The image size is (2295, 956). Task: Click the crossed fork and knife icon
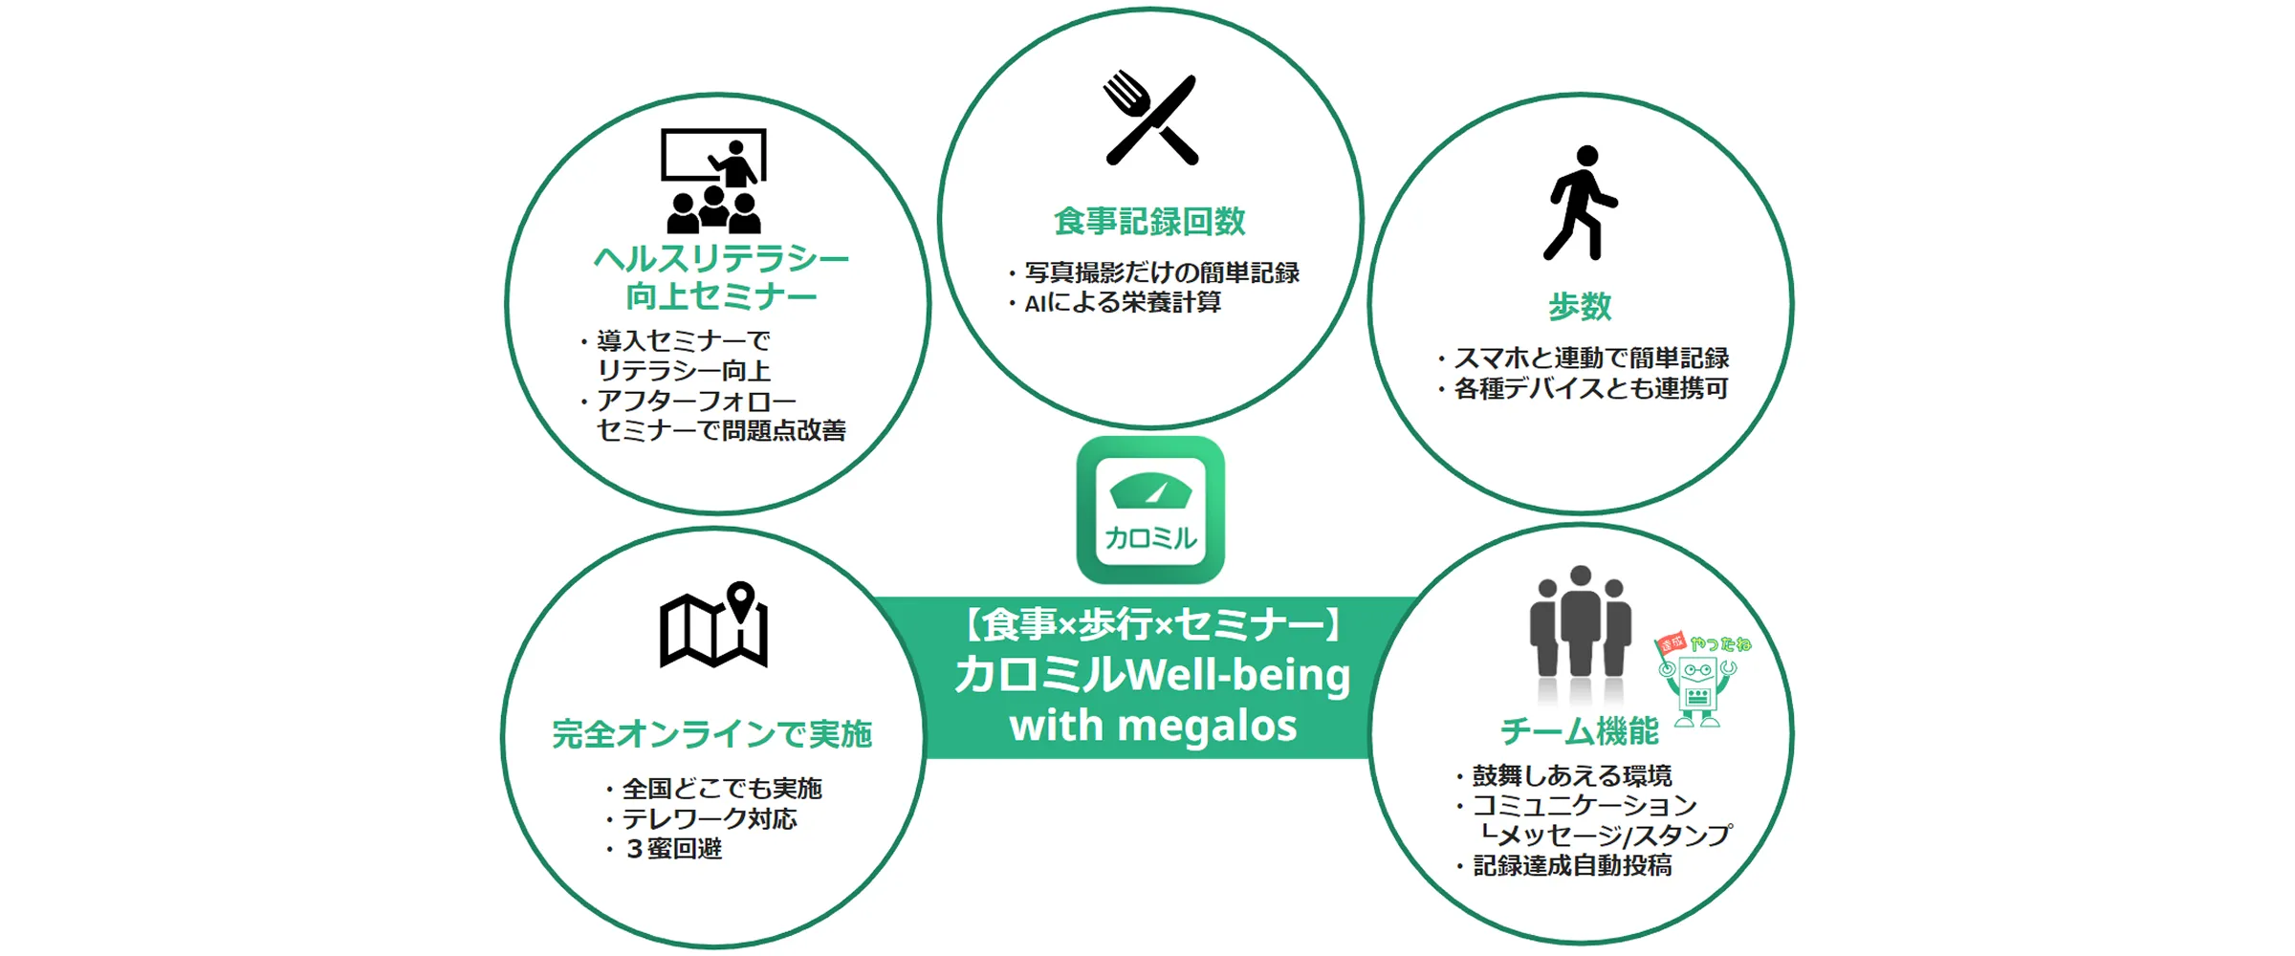coord(1150,119)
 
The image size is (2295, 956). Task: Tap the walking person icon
coord(1580,203)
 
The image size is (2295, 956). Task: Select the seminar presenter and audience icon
coord(713,182)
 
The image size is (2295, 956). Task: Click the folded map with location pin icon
coord(713,625)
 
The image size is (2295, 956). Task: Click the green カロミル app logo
coord(1150,510)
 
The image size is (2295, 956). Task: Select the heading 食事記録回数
coord(1149,222)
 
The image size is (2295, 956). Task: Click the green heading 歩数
coord(1580,307)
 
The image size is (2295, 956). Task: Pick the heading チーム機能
coord(1580,732)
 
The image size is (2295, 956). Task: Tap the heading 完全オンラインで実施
coord(712,734)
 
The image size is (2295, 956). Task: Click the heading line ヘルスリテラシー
coord(721,259)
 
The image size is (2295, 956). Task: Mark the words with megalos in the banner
coord(1153,727)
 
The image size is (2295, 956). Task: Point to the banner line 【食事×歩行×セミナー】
coord(1151,625)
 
